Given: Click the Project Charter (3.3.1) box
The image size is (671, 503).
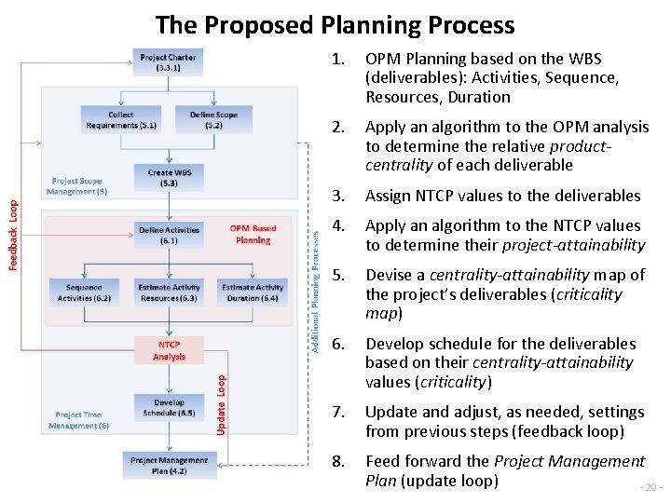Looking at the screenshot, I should [x=168, y=62].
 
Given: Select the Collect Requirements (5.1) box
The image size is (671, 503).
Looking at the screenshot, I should [x=121, y=120].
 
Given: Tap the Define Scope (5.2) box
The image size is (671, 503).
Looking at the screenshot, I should [x=213, y=120].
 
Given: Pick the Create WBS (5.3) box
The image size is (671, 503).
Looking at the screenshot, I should [x=169, y=177].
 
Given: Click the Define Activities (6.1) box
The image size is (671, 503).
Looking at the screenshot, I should [x=169, y=235].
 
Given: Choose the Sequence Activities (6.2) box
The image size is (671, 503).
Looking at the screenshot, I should [x=84, y=292].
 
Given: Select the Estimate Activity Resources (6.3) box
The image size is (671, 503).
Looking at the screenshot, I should [x=169, y=292].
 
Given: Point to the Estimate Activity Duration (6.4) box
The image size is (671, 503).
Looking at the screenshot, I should [x=252, y=292].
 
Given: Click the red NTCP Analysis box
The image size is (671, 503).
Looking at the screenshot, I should [x=169, y=350].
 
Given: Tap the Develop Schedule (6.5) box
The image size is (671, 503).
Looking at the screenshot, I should [x=169, y=407].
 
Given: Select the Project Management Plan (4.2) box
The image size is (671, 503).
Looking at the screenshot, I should [x=169, y=465].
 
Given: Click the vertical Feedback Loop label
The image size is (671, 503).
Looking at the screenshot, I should [x=14, y=236].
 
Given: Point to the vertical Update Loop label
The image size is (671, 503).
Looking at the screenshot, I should [x=221, y=403].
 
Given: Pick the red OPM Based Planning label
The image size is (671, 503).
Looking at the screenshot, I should [x=253, y=234].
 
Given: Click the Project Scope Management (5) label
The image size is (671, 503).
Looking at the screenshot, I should [x=76, y=186].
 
